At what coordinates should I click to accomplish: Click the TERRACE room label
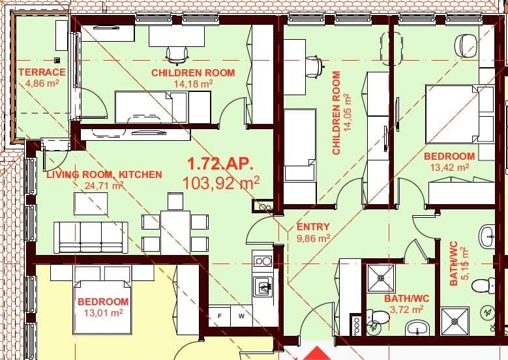[42, 72]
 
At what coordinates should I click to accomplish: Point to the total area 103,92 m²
[221, 183]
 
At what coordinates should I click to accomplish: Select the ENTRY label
[312, 227]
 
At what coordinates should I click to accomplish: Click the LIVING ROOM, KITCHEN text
[104, 174]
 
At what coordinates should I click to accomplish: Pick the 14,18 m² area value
[192, 83]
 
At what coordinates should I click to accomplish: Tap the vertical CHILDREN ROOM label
[336, 113]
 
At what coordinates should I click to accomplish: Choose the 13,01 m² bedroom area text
[103, 313]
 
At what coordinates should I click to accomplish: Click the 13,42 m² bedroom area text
[449, 168]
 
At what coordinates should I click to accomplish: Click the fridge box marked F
[220, 316]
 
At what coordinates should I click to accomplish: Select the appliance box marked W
[241, 316]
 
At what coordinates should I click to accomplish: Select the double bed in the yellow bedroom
[102, 300]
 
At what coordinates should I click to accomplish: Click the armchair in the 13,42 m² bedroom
[468, 45]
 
